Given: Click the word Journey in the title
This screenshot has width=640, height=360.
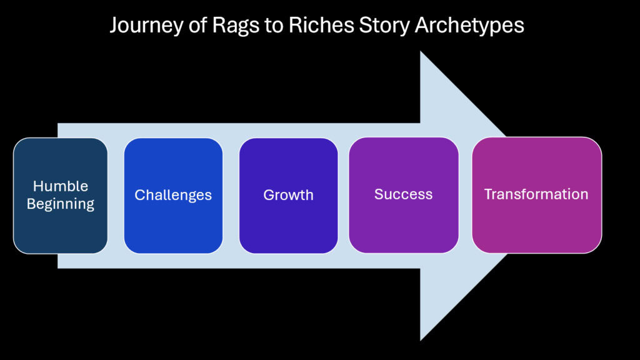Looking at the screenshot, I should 141,25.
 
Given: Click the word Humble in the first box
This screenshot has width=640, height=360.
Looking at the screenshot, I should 61,186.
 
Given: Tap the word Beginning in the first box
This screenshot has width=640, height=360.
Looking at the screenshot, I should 61,204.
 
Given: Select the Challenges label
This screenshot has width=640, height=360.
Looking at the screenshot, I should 173,195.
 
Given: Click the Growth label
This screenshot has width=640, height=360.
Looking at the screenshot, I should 288,195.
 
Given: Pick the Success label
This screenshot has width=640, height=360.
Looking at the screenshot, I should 403,194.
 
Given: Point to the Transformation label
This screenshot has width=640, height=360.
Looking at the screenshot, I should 536,194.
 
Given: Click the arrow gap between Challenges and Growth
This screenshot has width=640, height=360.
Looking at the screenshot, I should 231,196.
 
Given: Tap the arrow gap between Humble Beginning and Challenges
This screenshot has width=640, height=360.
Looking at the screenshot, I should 116,196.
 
